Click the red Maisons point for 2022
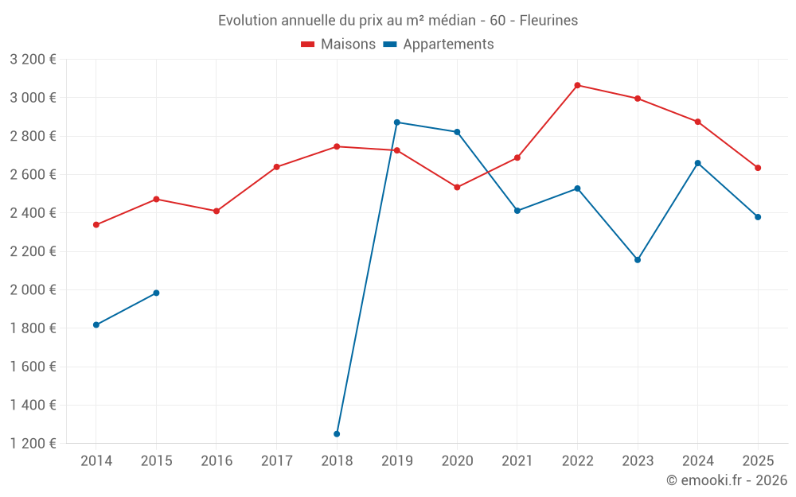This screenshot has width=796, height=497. pos(577,85)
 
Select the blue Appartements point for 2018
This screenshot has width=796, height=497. pos(337,434)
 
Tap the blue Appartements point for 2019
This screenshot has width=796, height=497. pos(397,122)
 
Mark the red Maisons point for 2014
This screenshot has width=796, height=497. pos(96,225)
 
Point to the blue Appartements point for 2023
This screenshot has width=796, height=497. pos(638,260)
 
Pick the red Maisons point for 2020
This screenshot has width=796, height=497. pos(457,188)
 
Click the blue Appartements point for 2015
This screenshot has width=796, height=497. pos(156,293)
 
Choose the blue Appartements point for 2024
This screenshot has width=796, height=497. pos(698,163)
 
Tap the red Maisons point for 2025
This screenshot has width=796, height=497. pos(758,168)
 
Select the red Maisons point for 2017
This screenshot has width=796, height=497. pos(276,167)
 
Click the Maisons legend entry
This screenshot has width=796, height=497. pos(338,45)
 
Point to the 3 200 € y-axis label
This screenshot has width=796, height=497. pos(33,60)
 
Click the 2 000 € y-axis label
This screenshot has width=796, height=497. pos(33,290)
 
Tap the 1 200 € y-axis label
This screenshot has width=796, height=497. pos(33,444)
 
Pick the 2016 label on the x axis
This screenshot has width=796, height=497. pos(217,461)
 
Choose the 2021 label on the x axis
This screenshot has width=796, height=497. pos(517,461)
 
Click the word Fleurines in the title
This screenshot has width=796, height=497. pos(548,20)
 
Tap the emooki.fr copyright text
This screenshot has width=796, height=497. pos(727,480)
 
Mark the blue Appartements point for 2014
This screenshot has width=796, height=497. pos(96,325)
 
